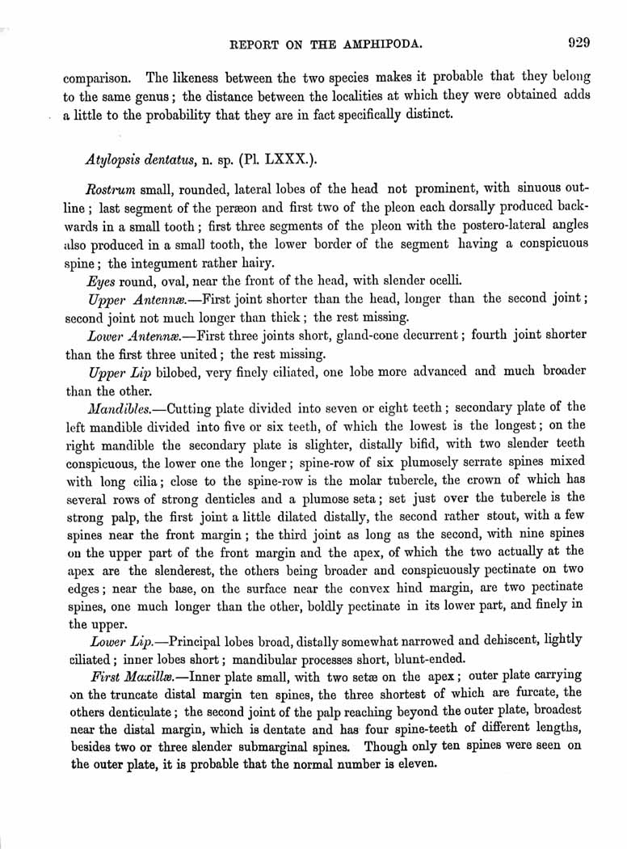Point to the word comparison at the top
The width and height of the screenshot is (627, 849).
[98, 78]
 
